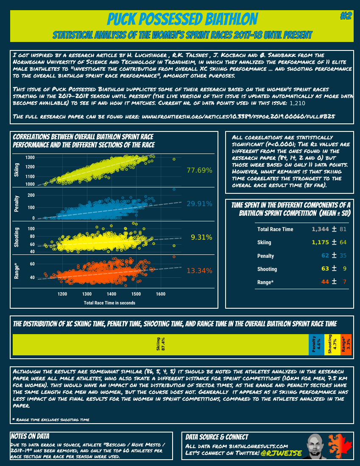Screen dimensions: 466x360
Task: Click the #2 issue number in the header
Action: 346,16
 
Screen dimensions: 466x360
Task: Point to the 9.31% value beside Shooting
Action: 201,237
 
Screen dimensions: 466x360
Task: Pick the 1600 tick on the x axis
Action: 161,294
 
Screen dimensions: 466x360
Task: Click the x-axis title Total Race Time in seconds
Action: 109,303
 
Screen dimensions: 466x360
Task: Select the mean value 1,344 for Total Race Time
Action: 320,229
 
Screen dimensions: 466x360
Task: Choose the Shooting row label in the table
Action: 267,269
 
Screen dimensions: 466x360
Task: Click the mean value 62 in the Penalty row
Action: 325,256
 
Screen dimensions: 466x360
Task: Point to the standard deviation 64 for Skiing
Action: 343,243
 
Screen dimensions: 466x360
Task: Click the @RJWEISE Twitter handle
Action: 282,453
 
